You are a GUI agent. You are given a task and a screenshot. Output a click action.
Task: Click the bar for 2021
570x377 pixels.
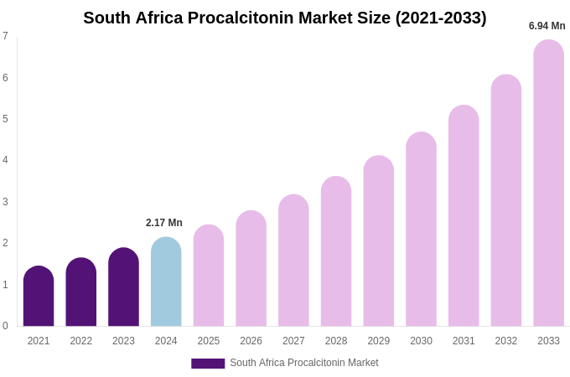39,297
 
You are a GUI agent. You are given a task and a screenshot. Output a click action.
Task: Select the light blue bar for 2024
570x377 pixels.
166,282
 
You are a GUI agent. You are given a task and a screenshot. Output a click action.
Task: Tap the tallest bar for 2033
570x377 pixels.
548,183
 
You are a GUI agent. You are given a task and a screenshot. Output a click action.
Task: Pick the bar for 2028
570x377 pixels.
336,251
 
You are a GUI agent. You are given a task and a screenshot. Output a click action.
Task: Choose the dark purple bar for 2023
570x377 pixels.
123,287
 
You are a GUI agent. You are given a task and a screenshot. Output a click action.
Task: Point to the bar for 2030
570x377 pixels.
421,230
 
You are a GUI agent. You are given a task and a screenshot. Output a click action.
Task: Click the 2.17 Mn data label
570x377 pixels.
164,223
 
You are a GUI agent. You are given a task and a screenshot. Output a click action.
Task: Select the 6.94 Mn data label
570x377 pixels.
547,26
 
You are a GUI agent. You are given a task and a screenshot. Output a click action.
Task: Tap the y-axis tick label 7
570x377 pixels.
5,36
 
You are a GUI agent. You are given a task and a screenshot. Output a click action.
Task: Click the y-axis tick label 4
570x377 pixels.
5,160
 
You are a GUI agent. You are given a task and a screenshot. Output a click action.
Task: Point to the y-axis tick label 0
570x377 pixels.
5,326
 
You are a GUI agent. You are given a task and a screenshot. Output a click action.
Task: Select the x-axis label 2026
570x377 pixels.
251,341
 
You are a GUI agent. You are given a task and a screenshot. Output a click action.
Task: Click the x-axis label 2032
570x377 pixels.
505,341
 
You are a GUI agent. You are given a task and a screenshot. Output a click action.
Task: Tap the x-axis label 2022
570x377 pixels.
81,341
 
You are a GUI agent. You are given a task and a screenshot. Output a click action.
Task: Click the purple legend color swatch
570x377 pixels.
208,364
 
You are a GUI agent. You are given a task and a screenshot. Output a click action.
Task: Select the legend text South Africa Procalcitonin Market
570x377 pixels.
304,363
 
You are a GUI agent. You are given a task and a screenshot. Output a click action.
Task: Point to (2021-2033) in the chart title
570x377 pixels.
441,18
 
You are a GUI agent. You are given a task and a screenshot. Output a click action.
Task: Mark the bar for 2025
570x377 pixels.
209,276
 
